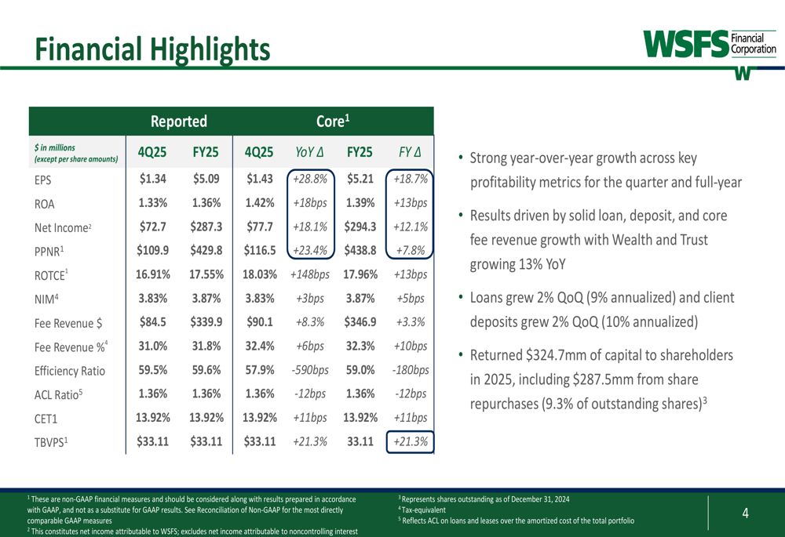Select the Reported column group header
(x=179, y=122)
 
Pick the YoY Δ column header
(x=309, y=151)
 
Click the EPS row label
(x=43, y=179)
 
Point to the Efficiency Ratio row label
(x=70, y=371)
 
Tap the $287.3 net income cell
(x=206, y=227)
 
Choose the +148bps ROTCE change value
(x=309, y=274)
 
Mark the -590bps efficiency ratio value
(x=309, y=370)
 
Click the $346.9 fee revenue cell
(x=361, y=322)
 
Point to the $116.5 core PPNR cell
(x=260, y=251)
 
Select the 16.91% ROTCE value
(x=152, y=274)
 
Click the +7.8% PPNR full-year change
(x=411, y=251)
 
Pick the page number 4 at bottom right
(x=745, y=514)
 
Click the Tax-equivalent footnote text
(x=424, y=510)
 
